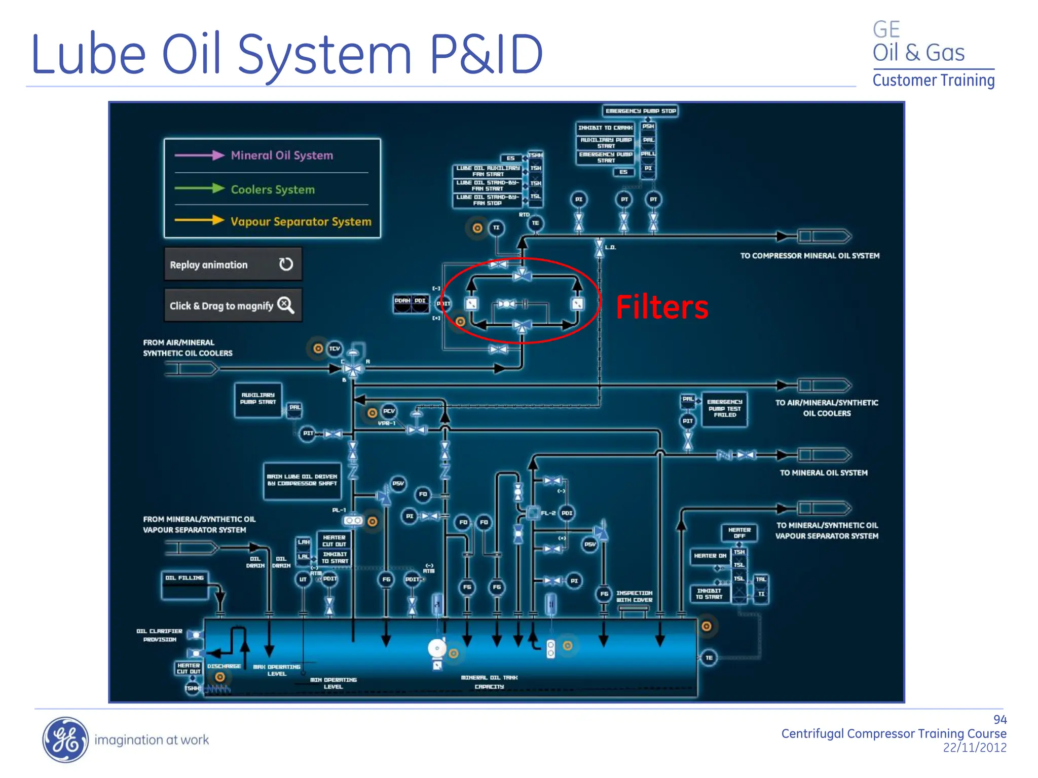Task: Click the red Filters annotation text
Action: coord(661,307)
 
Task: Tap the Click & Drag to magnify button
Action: coord(233,305)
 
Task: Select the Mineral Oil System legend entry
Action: coord(281,155)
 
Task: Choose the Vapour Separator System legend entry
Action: coord(301,221)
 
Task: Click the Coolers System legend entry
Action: coord(272,189)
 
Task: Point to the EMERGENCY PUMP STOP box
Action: coord(640,111)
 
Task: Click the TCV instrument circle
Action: coord(335,348)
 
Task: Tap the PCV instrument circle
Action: coord(389,411)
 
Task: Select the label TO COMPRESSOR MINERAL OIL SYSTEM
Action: coord(809,256)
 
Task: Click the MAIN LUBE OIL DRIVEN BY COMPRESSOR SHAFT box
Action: coord(302,480)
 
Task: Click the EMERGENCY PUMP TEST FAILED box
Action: coord(724,408)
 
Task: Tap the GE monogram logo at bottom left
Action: coord(65,740)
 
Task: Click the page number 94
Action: coord(999,720)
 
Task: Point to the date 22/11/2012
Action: coord(974,748)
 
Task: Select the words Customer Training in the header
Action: coord(933,81)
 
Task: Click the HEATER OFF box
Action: coord(739,533)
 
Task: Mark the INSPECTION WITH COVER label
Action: coord(634,596)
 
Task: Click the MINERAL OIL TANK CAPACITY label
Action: coord(489,682)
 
